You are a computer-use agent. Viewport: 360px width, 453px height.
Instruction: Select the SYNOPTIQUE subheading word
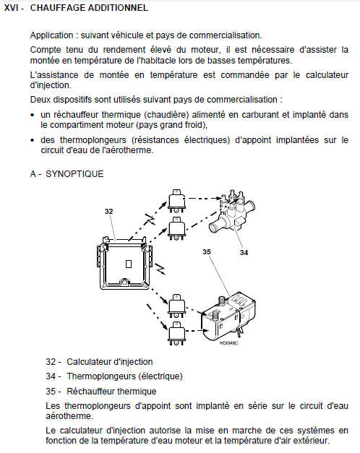click(74, 174)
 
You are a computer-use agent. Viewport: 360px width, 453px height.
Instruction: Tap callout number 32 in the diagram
click(108, 212)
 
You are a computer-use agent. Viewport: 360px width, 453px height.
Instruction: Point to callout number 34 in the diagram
click(244, 253)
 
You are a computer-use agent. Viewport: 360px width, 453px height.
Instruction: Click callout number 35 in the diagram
click(207, 252)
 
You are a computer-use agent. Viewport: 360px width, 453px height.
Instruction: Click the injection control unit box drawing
click(124, 263)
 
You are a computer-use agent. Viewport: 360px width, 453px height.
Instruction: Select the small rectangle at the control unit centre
click(129, 264)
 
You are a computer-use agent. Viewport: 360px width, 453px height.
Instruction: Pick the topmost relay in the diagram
click(176, 201)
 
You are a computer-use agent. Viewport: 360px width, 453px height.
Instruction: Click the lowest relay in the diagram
click(176, 333)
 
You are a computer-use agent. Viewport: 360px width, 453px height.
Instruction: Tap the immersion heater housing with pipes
click(231, 211)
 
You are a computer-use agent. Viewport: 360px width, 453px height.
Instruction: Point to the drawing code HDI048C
click(228, 343)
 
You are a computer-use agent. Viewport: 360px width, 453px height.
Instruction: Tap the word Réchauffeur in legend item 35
click(87, 391)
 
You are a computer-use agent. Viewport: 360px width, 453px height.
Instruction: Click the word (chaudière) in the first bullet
click(166, 115)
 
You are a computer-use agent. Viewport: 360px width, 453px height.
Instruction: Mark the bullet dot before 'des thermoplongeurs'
click(33, 140)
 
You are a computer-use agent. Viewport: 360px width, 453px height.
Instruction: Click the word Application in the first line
click(52, 35)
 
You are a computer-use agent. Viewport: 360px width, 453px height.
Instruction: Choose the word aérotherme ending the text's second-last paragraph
click(69, 416)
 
